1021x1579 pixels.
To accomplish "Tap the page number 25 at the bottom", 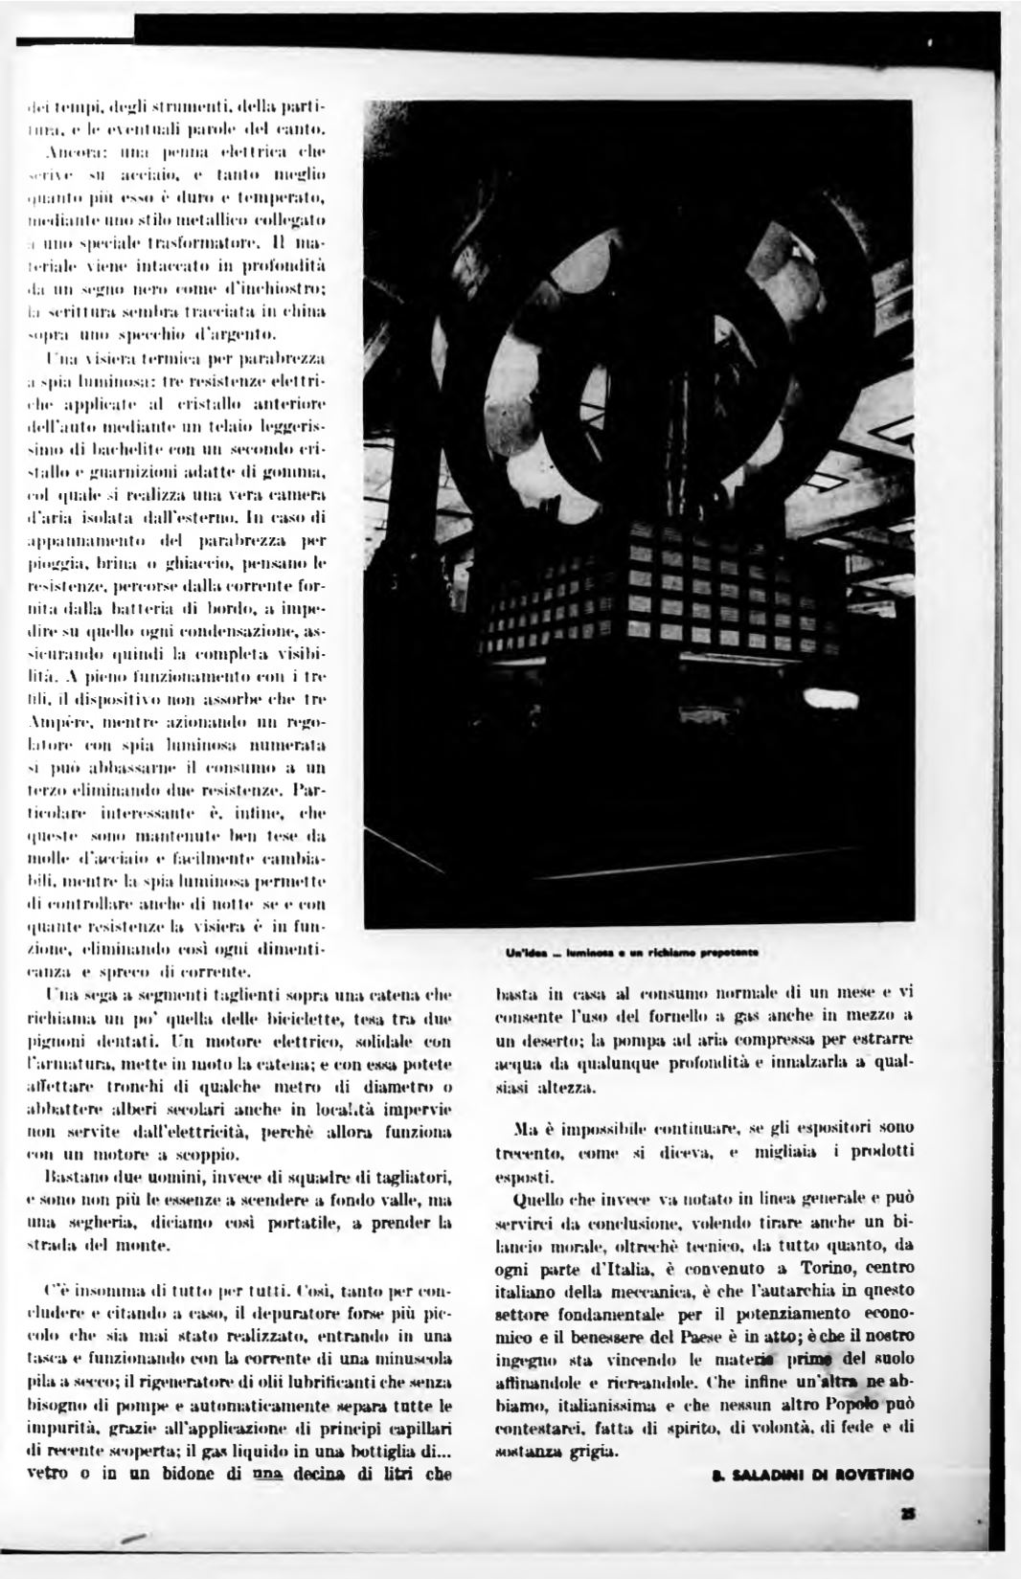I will pyautogui.click(x=907, y=1513).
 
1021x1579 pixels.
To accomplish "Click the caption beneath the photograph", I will pyautogui.click(x=632, y=953).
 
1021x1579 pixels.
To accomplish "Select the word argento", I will pyautogui.click(x=242, y=333).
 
